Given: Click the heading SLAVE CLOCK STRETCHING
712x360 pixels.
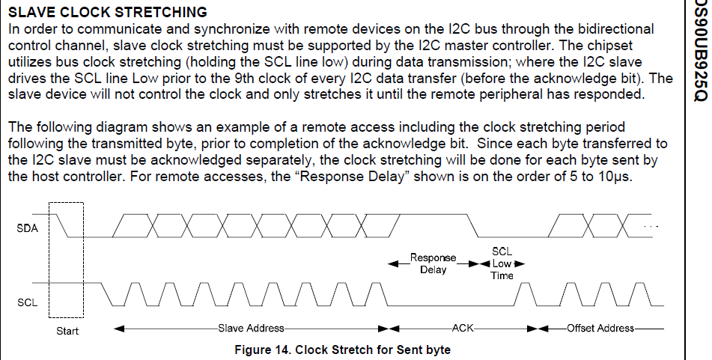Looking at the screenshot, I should tap(107, 13).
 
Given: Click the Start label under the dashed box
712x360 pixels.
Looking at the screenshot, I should tap(67, 331).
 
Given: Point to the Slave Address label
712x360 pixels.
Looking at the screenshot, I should tap(251, 328).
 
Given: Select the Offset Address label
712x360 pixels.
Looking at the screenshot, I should tap(600, 328).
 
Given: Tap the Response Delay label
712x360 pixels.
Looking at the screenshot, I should tap(429, 263).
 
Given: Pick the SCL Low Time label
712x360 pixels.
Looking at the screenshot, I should tap(502, 263).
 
